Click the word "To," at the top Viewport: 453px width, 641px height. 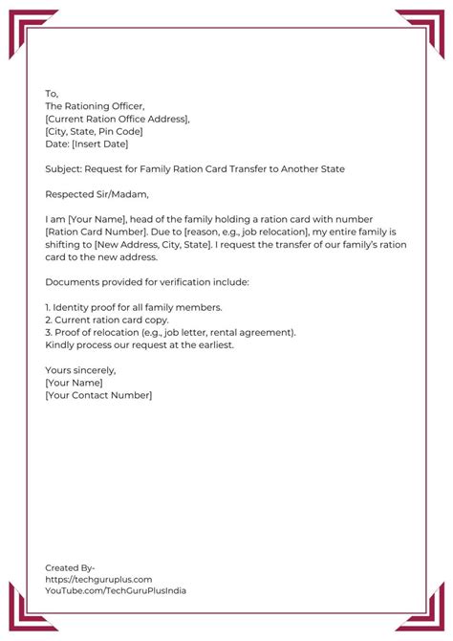click(52, 94)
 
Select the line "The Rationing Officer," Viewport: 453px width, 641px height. click(97, 106)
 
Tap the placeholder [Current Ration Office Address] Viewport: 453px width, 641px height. click(118, 119)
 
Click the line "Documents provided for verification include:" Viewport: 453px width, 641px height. click(146, 282)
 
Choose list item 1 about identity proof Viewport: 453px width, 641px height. click(133, 307)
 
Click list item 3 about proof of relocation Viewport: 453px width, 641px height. click(170, 332)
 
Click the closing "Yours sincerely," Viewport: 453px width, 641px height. click(80, 369)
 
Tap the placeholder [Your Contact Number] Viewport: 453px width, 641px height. click(98, 394)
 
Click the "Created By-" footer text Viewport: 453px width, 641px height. click(70, 567)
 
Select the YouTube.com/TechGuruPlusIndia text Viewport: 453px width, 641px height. click(116, 590)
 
